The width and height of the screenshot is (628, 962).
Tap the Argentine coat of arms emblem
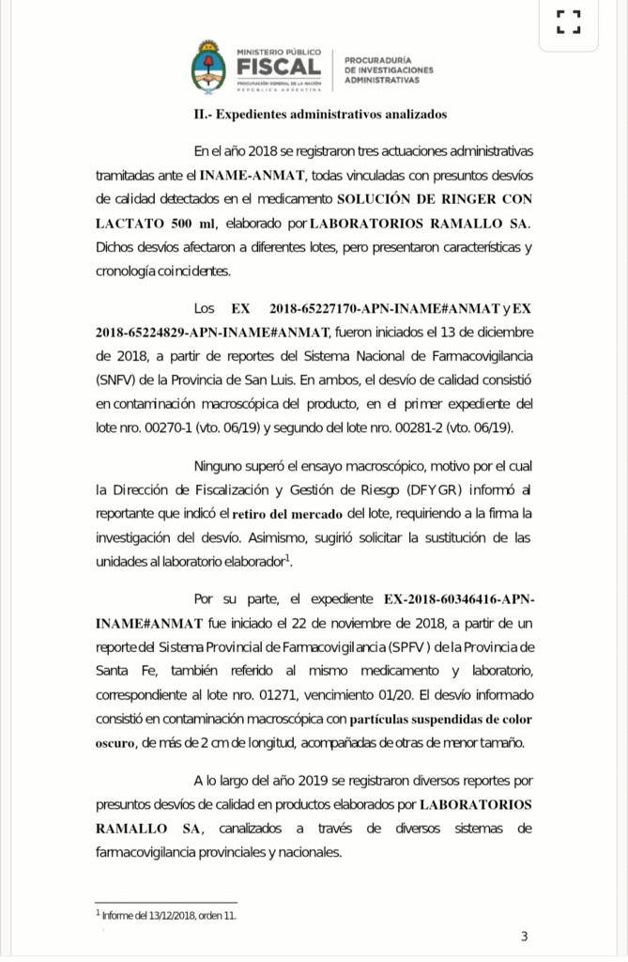coord(208,68)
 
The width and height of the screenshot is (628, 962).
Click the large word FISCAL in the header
coord(279,68)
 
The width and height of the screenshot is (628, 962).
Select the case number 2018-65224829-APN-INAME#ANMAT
coord(212,332)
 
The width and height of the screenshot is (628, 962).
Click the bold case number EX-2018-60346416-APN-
coord(459,598)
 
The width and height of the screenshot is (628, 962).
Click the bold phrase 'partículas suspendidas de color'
coord(440,720)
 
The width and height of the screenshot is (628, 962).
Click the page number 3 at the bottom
coord(525,936)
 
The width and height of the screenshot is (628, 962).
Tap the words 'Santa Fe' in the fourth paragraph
coord(119,671)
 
